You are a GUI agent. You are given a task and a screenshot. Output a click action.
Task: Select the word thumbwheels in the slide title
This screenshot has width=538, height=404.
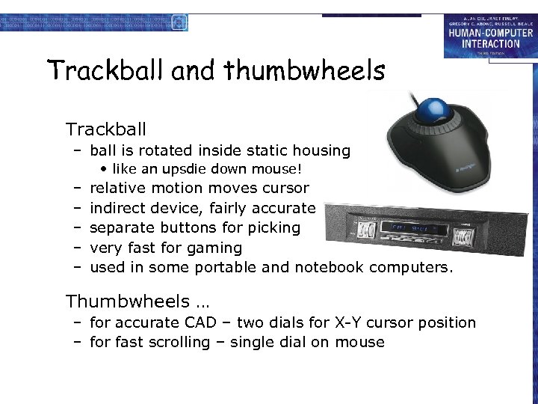tap(304, 71)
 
